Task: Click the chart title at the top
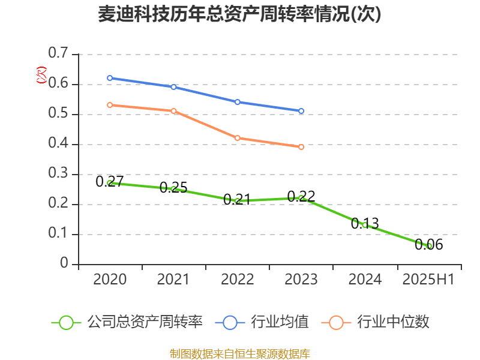pos(239,14)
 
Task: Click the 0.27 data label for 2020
pos(110,181)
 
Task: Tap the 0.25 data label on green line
pos(173,187)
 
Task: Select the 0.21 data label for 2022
pos(237,199)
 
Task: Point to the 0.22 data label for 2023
pos(301,196)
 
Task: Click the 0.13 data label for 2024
pos(365,223)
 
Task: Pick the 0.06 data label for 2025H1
pos(428,244)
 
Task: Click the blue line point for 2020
pos(110,78)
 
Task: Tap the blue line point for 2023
pos(301,111)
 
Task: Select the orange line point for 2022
pos(238,138)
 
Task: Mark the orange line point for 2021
pos(173,111)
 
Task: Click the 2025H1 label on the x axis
pos(428,280)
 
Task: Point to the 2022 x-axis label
pos(237,280)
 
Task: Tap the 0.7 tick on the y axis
pos(58,54)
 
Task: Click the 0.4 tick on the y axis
pos(58,144)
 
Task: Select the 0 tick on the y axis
pos(65,264)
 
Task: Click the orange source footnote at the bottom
pos(239,353)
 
